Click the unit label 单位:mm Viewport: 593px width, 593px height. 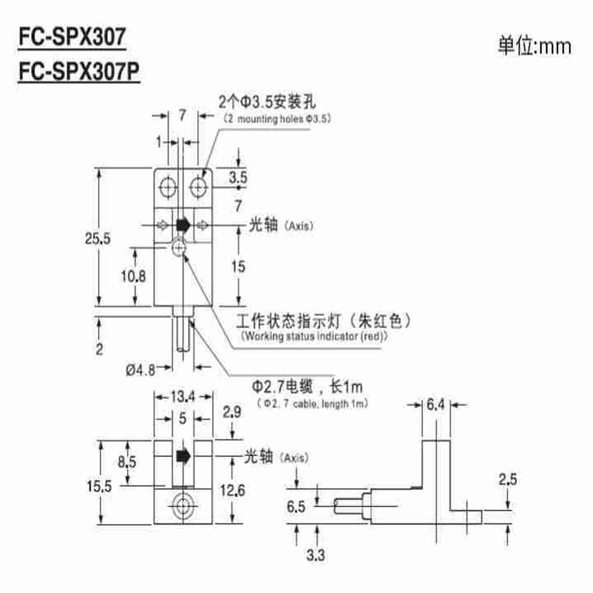tap(535, 47)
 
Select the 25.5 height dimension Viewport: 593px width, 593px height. tap(98, 238)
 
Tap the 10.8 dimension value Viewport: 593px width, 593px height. tap(133, 276)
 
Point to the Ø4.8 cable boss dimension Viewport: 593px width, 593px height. tap(140, 370)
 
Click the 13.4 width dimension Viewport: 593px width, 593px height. tap(183, 397)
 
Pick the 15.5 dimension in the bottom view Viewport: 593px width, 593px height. tap(99, 486)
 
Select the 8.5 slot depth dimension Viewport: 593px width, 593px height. tap(127, 462)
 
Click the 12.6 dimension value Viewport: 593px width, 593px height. tap(232, 490)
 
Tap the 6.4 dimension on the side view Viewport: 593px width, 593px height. tap(436, 405)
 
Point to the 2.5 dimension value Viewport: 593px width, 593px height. tap(507, 479)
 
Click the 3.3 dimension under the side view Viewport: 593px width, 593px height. tap(315, 555)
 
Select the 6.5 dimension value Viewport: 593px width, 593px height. tap(296, 507)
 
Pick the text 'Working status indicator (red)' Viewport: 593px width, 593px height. tap(314, 336)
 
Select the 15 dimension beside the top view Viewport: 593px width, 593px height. tap(238, 266)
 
